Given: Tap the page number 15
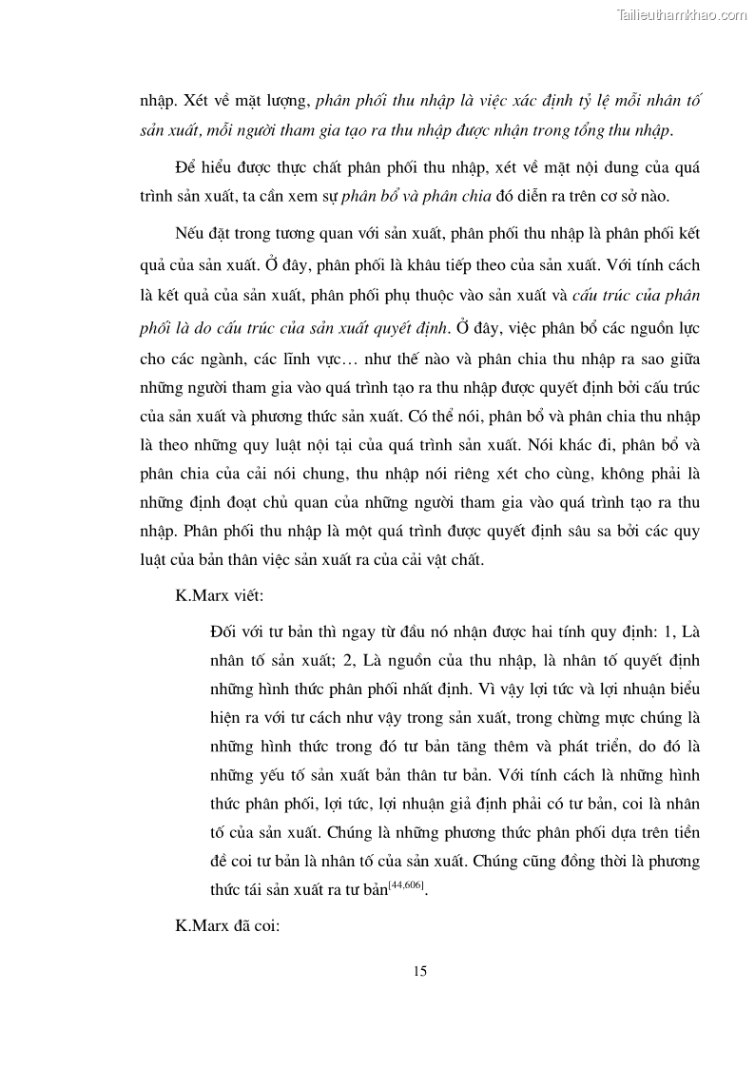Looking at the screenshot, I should pyautogui.click(x=420, y=971).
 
